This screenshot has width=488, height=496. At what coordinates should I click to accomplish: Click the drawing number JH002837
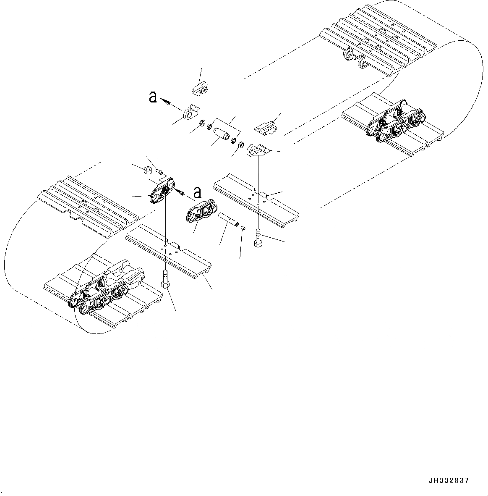449,480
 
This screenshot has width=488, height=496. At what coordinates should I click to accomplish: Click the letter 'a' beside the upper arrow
153,97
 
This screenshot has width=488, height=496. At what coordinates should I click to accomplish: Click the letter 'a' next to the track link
197,192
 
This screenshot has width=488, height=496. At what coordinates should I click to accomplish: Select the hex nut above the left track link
148,171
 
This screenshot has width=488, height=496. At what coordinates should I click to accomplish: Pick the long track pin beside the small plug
227,220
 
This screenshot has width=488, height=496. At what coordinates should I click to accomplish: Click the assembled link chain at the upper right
393,122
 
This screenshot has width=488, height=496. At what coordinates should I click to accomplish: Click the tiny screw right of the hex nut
159,171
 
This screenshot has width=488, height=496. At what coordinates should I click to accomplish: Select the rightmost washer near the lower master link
241,145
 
